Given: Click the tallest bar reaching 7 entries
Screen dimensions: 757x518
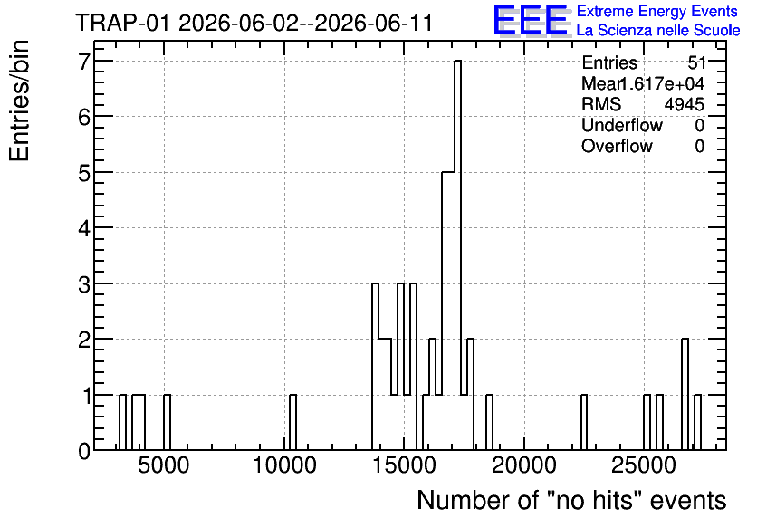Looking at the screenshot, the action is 457,255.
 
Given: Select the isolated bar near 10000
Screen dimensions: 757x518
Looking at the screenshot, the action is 293,422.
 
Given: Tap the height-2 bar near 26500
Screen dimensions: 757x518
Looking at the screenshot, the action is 685,395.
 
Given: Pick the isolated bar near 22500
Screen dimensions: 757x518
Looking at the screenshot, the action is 584,422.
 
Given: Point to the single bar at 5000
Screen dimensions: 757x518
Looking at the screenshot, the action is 167,422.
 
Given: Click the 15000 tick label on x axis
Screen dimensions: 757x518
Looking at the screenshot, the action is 405,466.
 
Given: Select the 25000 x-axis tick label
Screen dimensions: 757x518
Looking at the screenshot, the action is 644,466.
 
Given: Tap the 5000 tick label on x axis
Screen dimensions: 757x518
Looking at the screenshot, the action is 163,466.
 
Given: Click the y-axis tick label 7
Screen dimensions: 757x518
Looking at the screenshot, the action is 84,61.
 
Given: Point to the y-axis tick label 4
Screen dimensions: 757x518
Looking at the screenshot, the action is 84,228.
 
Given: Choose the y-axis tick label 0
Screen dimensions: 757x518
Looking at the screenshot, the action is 84,451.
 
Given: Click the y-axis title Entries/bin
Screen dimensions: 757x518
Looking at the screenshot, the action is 19,101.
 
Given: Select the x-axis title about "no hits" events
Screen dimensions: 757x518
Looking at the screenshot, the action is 571,500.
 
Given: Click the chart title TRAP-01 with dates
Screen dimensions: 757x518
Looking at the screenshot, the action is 254,23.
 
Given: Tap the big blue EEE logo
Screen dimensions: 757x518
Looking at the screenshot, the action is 531,20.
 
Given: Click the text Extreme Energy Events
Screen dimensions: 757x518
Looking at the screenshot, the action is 657,11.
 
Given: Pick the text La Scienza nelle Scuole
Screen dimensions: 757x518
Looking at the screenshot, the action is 658,31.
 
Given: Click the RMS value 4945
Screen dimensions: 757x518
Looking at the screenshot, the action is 684,104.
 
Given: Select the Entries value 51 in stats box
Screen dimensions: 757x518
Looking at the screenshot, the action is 697,62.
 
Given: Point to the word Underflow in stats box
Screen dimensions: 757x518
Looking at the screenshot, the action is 622,126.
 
